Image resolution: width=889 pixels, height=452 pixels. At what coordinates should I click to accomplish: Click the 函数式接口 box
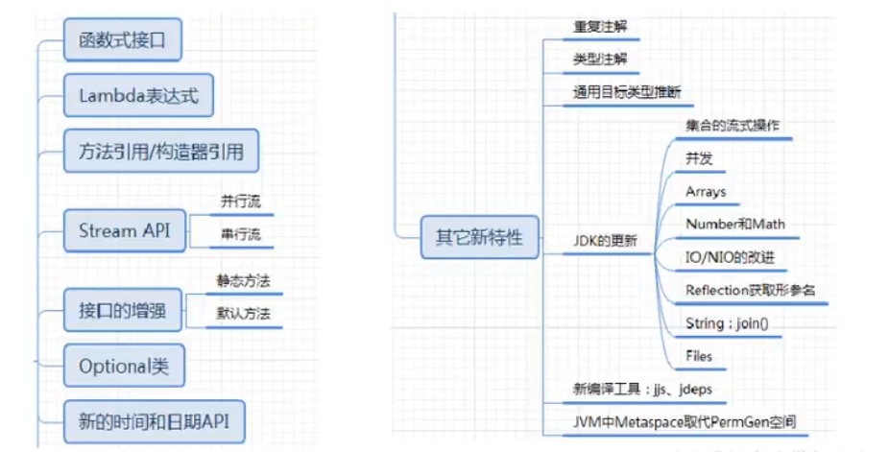coord(123,41)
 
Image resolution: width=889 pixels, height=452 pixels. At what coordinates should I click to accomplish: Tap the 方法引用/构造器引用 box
coord(160,152)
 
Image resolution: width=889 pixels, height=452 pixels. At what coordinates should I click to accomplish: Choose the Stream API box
coord(124,231)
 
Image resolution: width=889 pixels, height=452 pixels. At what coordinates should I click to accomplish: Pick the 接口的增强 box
coord(122,310)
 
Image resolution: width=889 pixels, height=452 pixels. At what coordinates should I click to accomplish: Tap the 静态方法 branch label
coord(243,281)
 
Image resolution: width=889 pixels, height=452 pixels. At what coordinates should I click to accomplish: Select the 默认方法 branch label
coord(243,313)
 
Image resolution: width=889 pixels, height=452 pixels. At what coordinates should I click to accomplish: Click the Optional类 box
coord(124,366)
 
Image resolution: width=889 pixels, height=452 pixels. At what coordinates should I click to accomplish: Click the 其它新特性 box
coord(480,236)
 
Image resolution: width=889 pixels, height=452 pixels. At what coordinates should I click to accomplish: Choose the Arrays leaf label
coord(706,192)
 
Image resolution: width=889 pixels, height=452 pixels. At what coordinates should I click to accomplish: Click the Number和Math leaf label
coord(734,224)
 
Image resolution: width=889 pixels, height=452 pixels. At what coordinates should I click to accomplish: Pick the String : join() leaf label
coord(727,323)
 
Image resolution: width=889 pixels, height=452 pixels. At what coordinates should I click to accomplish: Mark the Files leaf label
coord(699,356)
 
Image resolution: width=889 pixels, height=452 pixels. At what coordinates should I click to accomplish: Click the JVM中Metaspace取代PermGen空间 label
coord(684,421)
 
